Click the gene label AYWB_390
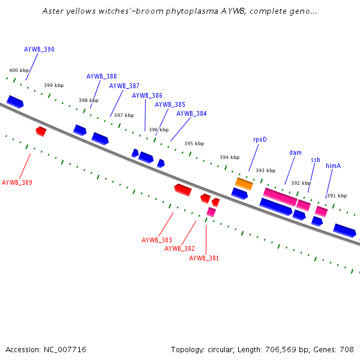coord(39,49)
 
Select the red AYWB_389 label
coord(17,182)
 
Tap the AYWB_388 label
coord(101,76)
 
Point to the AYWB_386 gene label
coord(147,95)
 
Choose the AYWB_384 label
coord(191,113)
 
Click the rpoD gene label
coord(260,139)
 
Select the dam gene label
coord(295,152)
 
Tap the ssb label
coord(315,160)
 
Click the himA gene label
coord(333,166)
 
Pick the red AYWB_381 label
coord(204,258)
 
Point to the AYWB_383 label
coord(157,240)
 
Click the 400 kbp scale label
coord(19,70)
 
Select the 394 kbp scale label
coord(229,157)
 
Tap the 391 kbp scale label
coord(337,196)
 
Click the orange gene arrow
coord(244,184)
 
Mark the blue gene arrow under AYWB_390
coord(15,101)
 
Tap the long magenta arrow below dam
coord(280,196)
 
